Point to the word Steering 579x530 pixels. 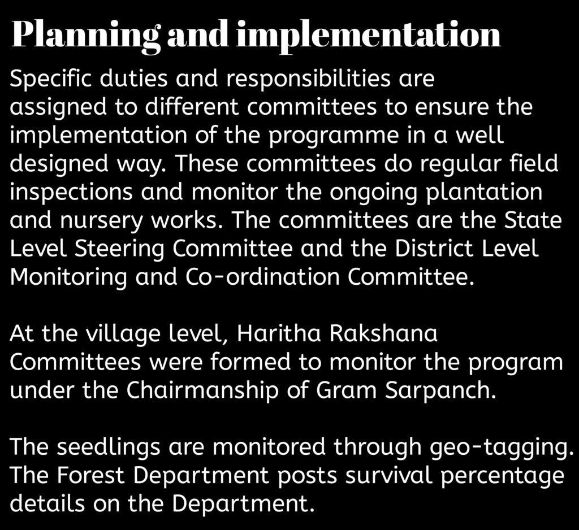click(x=119, y=250)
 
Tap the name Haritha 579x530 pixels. click(x=279, y=333)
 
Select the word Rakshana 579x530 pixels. click(x=383, y=333)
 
